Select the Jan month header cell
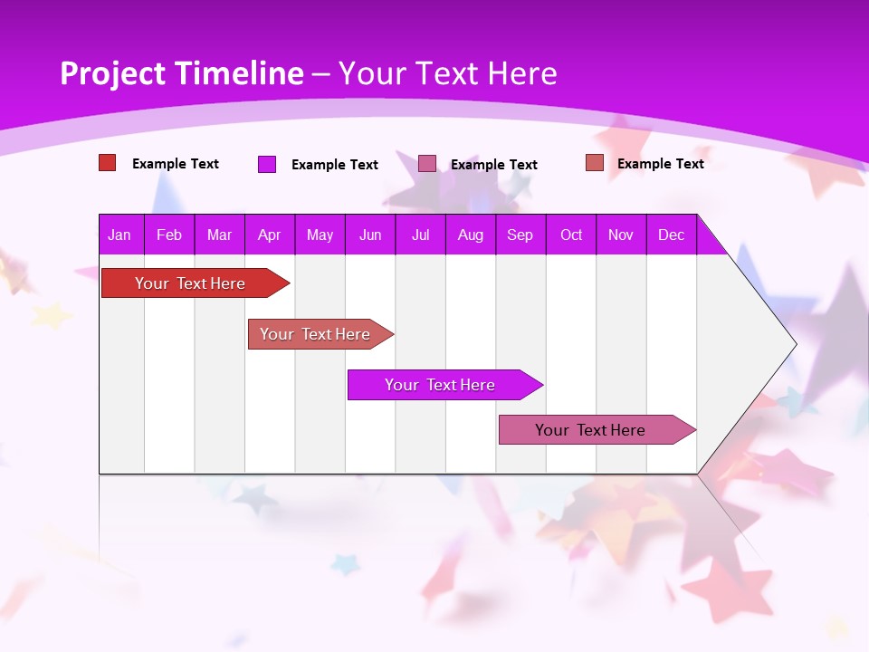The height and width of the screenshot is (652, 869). click(x=119, y=235)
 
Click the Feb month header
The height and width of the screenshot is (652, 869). click(x=169, y=235)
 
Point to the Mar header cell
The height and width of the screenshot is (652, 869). click(x=219, y=235)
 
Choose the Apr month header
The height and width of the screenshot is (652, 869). click(x=270, y=235)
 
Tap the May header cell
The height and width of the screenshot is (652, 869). click(x=320, y=235)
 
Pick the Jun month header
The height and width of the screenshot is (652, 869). click(x=370, y=235)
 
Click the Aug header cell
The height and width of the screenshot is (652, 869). click(x=471, y=235)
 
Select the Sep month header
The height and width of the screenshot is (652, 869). click(x=520, y=235)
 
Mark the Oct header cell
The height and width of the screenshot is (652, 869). click(x=571, y=235)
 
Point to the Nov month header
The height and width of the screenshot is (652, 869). click(x=621, y=235)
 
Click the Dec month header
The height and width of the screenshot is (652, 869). click(x=672, y=235)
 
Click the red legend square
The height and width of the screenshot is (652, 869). click(x=108, y=163)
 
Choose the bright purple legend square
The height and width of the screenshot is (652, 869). click(x=267, y=164)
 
